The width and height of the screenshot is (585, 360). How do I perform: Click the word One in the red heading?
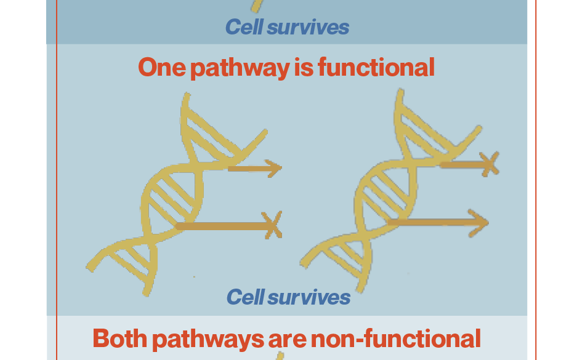[x=162, y=67]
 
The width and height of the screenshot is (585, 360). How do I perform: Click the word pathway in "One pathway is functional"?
[x=240, y=68]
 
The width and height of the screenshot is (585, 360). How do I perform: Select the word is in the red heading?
[x=304, y=67]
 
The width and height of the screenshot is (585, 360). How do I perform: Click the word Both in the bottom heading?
[x=119, y=338]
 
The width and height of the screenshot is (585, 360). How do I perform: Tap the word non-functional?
[x=395, y=338]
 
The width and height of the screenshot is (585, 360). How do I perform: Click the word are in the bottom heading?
[x=286, y=341]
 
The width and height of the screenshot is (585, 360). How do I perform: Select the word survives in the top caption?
[x=308, y=28]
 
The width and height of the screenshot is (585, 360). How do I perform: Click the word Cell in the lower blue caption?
[x=245, y=297]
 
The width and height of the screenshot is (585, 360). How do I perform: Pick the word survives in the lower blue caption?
[x=309, y=298]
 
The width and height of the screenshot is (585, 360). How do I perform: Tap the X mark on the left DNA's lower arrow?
[x=272, y=225]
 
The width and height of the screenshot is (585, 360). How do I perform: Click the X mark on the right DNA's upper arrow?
[x=489, y=164]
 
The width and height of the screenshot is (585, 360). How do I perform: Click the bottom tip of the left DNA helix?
[x=147, y=294]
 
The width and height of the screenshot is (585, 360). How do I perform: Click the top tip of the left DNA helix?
[x=186, y=95]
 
